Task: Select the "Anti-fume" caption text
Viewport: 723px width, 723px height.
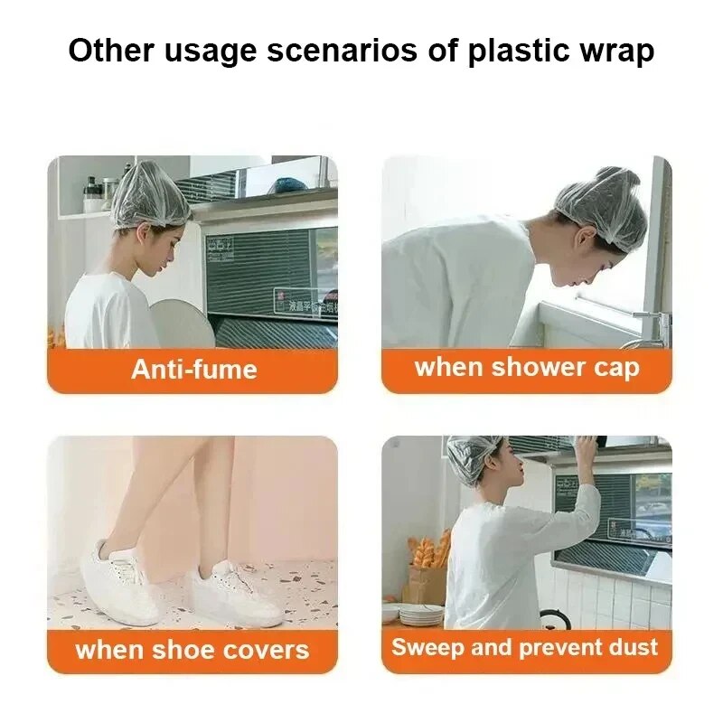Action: click(193, 369)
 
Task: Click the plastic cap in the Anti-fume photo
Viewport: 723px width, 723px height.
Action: click(150, 195)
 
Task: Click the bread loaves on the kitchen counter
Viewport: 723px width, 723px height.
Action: click(428, 551)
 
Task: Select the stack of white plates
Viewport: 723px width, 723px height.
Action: click(420, 614)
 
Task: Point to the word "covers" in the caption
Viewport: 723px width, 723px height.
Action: click(267, 649)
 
